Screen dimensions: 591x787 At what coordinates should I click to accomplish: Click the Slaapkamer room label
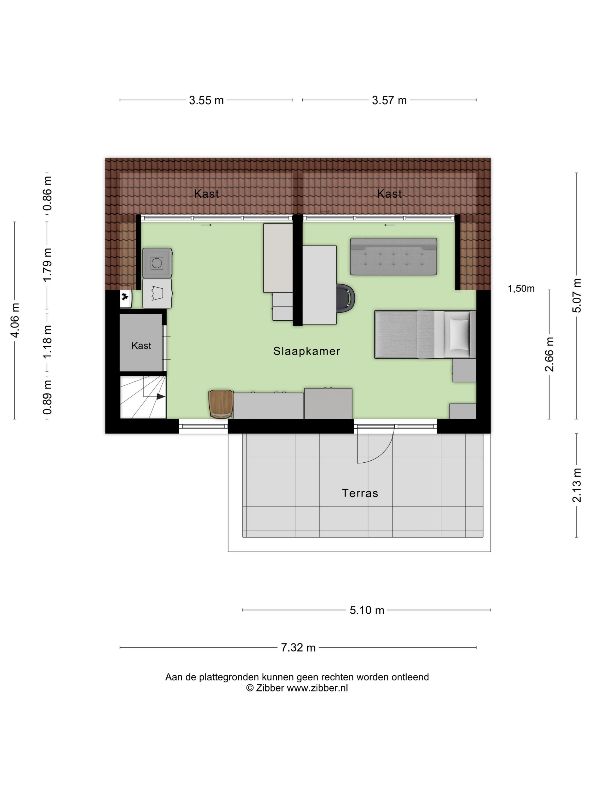point(306,351)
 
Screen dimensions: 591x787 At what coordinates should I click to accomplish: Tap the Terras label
point(360,493)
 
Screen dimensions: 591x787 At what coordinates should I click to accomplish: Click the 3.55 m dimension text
point(206,100)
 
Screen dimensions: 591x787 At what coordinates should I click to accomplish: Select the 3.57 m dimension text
point(389,100)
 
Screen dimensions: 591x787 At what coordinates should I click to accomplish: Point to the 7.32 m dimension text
point(298,648)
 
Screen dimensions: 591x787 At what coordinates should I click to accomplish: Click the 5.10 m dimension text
point(367,610)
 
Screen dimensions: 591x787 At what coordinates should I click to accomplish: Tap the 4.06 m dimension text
point(15,320)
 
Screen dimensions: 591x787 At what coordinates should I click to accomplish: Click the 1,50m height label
point(521,289)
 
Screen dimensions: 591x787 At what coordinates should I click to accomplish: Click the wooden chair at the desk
point(221,404)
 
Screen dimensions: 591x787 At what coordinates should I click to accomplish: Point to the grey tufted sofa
point(393,257)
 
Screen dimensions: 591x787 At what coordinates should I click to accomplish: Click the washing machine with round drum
point(157,263)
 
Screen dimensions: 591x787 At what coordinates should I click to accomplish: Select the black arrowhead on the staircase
point(161,396)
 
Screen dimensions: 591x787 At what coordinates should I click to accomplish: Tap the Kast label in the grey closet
point(141,345)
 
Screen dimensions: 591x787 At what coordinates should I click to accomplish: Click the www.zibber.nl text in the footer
point(317,688)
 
